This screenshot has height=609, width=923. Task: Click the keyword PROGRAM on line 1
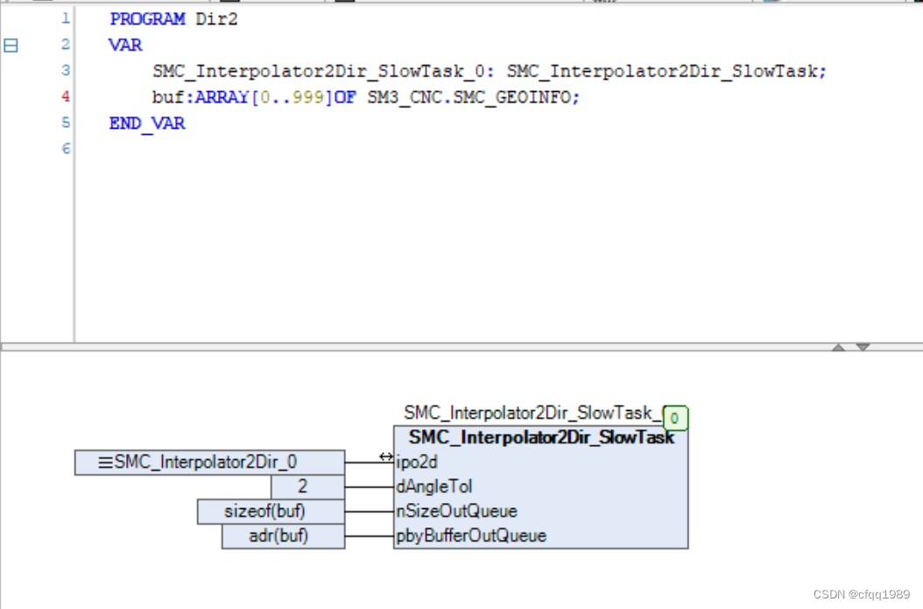pos(147,18)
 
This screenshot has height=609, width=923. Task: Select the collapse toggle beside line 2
pos(11,45)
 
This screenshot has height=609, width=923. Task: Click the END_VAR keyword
pos(146,124)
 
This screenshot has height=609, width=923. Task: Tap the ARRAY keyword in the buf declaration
pos(222,97)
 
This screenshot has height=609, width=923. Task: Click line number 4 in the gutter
pos(66,97)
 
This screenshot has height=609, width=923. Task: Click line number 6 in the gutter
pos(66,149)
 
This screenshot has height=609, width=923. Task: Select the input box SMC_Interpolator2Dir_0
pos(209,462)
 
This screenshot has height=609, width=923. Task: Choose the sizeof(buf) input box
pos(271,511)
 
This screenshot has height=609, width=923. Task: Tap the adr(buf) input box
pos(283,535)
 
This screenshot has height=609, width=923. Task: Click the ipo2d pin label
pos(417,462)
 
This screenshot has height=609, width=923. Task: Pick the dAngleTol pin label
pos(434,486)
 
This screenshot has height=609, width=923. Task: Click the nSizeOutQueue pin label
pos(456,511)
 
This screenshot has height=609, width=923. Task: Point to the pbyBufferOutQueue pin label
pos(471,535)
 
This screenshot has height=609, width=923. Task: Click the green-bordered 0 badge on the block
pos(675,418)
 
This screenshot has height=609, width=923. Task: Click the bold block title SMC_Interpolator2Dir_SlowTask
pos(541,437)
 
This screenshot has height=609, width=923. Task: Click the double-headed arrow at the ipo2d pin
pos(386,457)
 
